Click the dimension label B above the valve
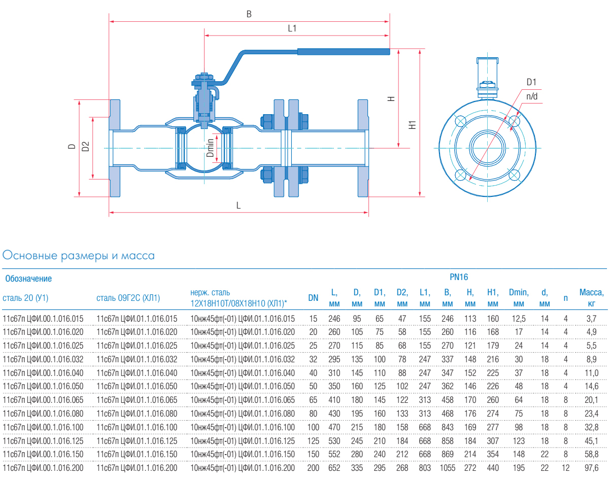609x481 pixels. [x=249, y=14]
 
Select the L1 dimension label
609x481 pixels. [x=292, y=29]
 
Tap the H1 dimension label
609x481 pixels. [x=413, y=124]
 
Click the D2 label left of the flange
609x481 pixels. [x=86, y=147]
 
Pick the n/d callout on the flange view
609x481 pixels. [x=532, y=96]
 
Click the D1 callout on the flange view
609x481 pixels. [x=531, y=82]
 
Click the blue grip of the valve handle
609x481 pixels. [x=344, y=51]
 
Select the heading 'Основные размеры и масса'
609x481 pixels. [x=79, y=255]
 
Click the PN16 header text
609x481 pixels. [x=459, y=277]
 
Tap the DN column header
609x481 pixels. [x=313, y=298]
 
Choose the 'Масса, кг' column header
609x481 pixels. [x=591, y=298]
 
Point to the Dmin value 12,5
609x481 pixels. [x=518, y=319]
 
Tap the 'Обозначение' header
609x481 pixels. [x=28, y=279]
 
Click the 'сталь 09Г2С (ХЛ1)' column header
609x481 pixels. [x=128, y=297]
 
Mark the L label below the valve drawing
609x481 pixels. [x=238, y=206]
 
